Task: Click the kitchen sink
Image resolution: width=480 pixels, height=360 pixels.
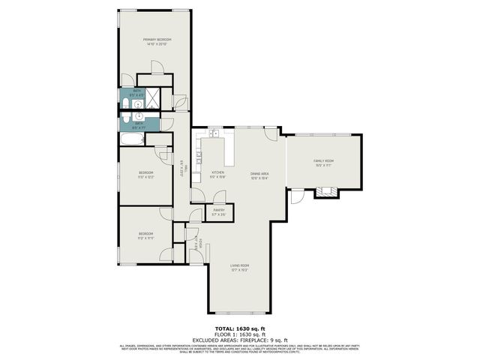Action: point(214,134)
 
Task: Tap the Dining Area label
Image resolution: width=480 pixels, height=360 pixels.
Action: point(259,174)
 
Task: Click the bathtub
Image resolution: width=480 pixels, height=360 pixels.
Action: point(133,140)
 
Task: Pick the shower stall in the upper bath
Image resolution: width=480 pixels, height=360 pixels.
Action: point(154,97)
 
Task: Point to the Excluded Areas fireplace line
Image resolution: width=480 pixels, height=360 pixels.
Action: point(239,340)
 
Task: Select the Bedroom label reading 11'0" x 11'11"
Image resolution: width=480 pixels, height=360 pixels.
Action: point(145,235)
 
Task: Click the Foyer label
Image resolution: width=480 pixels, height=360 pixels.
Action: point(196,244)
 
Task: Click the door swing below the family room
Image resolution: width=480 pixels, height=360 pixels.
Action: point(297,196)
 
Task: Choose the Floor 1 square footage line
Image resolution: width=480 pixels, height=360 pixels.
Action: point(239,335)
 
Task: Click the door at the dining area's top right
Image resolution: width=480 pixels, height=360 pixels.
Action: point(271,133)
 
